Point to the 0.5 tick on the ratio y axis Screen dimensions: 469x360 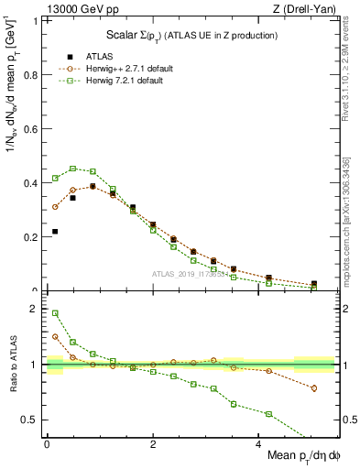(32, 420)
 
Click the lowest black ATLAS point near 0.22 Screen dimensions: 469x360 (55, 232)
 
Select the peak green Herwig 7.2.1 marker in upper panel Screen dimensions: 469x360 (73, 169)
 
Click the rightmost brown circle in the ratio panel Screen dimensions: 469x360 (314, 388)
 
